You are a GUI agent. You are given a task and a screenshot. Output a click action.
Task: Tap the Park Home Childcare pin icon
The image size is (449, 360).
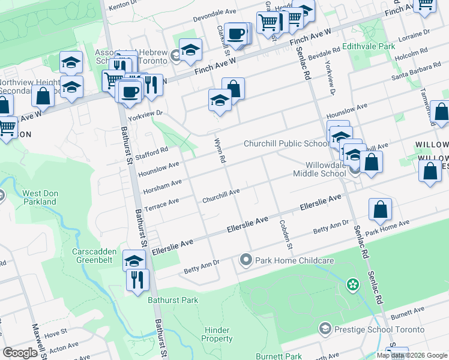tap(246, 260)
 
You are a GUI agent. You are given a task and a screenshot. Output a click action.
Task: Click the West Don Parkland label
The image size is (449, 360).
tap(40, 197)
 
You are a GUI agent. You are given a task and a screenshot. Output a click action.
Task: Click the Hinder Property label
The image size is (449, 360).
tap(217, 334)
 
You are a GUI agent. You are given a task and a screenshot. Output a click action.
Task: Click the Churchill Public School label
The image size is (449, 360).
tap(286, 143)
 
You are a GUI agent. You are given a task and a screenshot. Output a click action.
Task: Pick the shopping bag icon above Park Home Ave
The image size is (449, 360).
tap(381, 210)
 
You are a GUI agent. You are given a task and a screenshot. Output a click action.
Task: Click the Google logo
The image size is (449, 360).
tap(20, 353)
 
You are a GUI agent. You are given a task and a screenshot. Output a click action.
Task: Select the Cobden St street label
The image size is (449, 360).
tap(285, 235)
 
